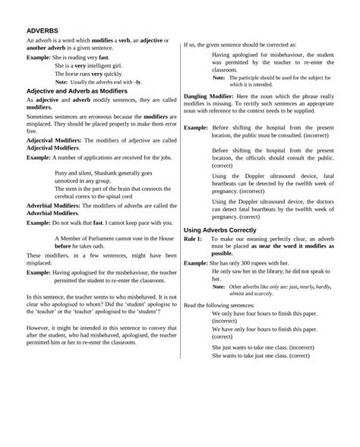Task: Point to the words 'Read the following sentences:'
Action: [x=223, y=306]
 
